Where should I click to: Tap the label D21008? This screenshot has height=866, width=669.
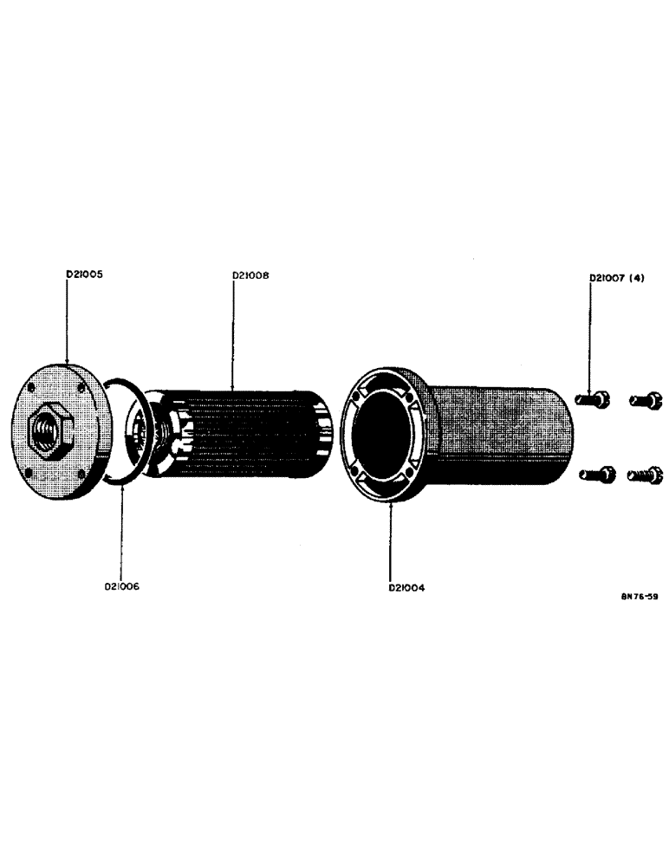[250, 276]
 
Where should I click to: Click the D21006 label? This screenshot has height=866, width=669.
[122, 587]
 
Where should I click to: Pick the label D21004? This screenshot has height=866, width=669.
[406, 587]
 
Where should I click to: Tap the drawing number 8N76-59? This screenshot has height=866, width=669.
[638, 597]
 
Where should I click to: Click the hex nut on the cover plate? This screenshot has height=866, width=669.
[50, 428]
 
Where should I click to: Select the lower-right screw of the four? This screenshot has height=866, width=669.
[646, 475]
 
